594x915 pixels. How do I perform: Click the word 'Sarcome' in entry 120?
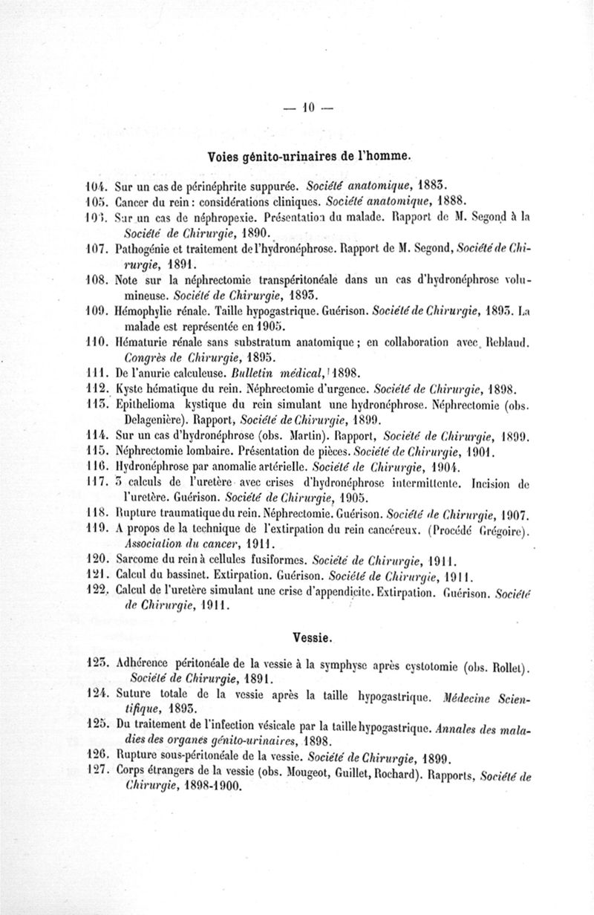(x=140, y=559)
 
